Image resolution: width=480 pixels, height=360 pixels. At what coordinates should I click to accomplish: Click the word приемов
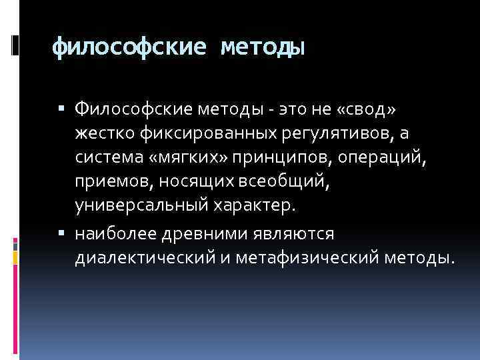tap(109, 182)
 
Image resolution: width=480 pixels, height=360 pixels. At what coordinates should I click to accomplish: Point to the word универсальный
tap(137, 206)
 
